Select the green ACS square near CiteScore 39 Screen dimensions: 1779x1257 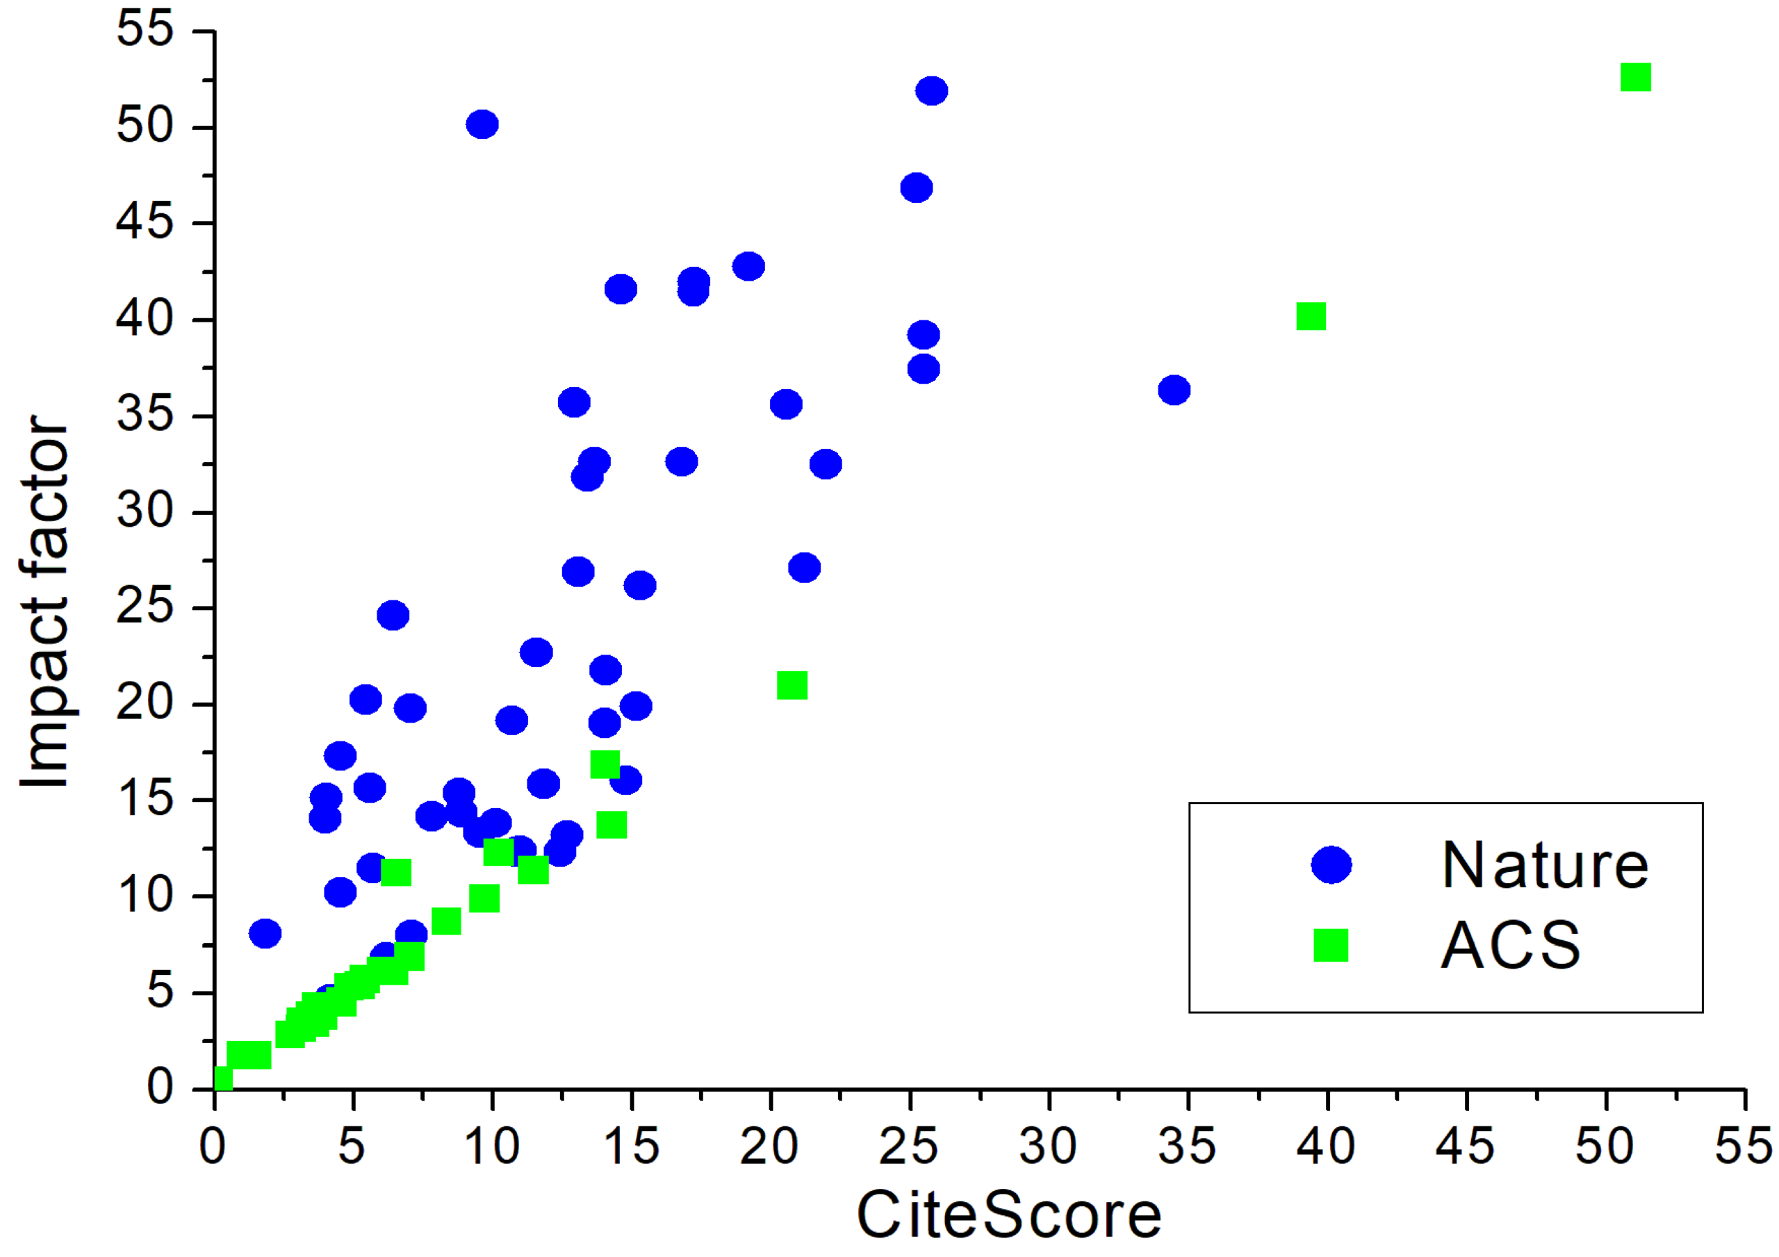tap(1311, 316)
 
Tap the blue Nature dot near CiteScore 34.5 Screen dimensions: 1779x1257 tap(1174, 390)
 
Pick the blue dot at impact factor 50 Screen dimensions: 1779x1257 tap(482, 124)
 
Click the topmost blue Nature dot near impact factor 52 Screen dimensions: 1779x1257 tap(931, 90)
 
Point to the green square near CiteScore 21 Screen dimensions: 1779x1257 tap(792, 685)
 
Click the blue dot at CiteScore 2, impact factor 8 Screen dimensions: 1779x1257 tap(265, 933)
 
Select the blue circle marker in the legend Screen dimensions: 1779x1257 tap(1331, 864)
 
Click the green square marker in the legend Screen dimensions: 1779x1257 tap(1331, 946)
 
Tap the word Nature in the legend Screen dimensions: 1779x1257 tap(1545, 865)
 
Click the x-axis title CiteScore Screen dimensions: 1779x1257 tap(1009, 1215)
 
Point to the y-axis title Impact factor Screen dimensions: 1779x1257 tap(45, 602)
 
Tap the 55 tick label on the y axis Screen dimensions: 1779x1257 tap(145, 29)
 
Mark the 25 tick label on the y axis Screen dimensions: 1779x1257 tap(145, 607)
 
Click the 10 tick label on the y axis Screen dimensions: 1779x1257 tap(145, 895)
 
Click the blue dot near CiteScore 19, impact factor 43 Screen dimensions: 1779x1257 tap(748, 266)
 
